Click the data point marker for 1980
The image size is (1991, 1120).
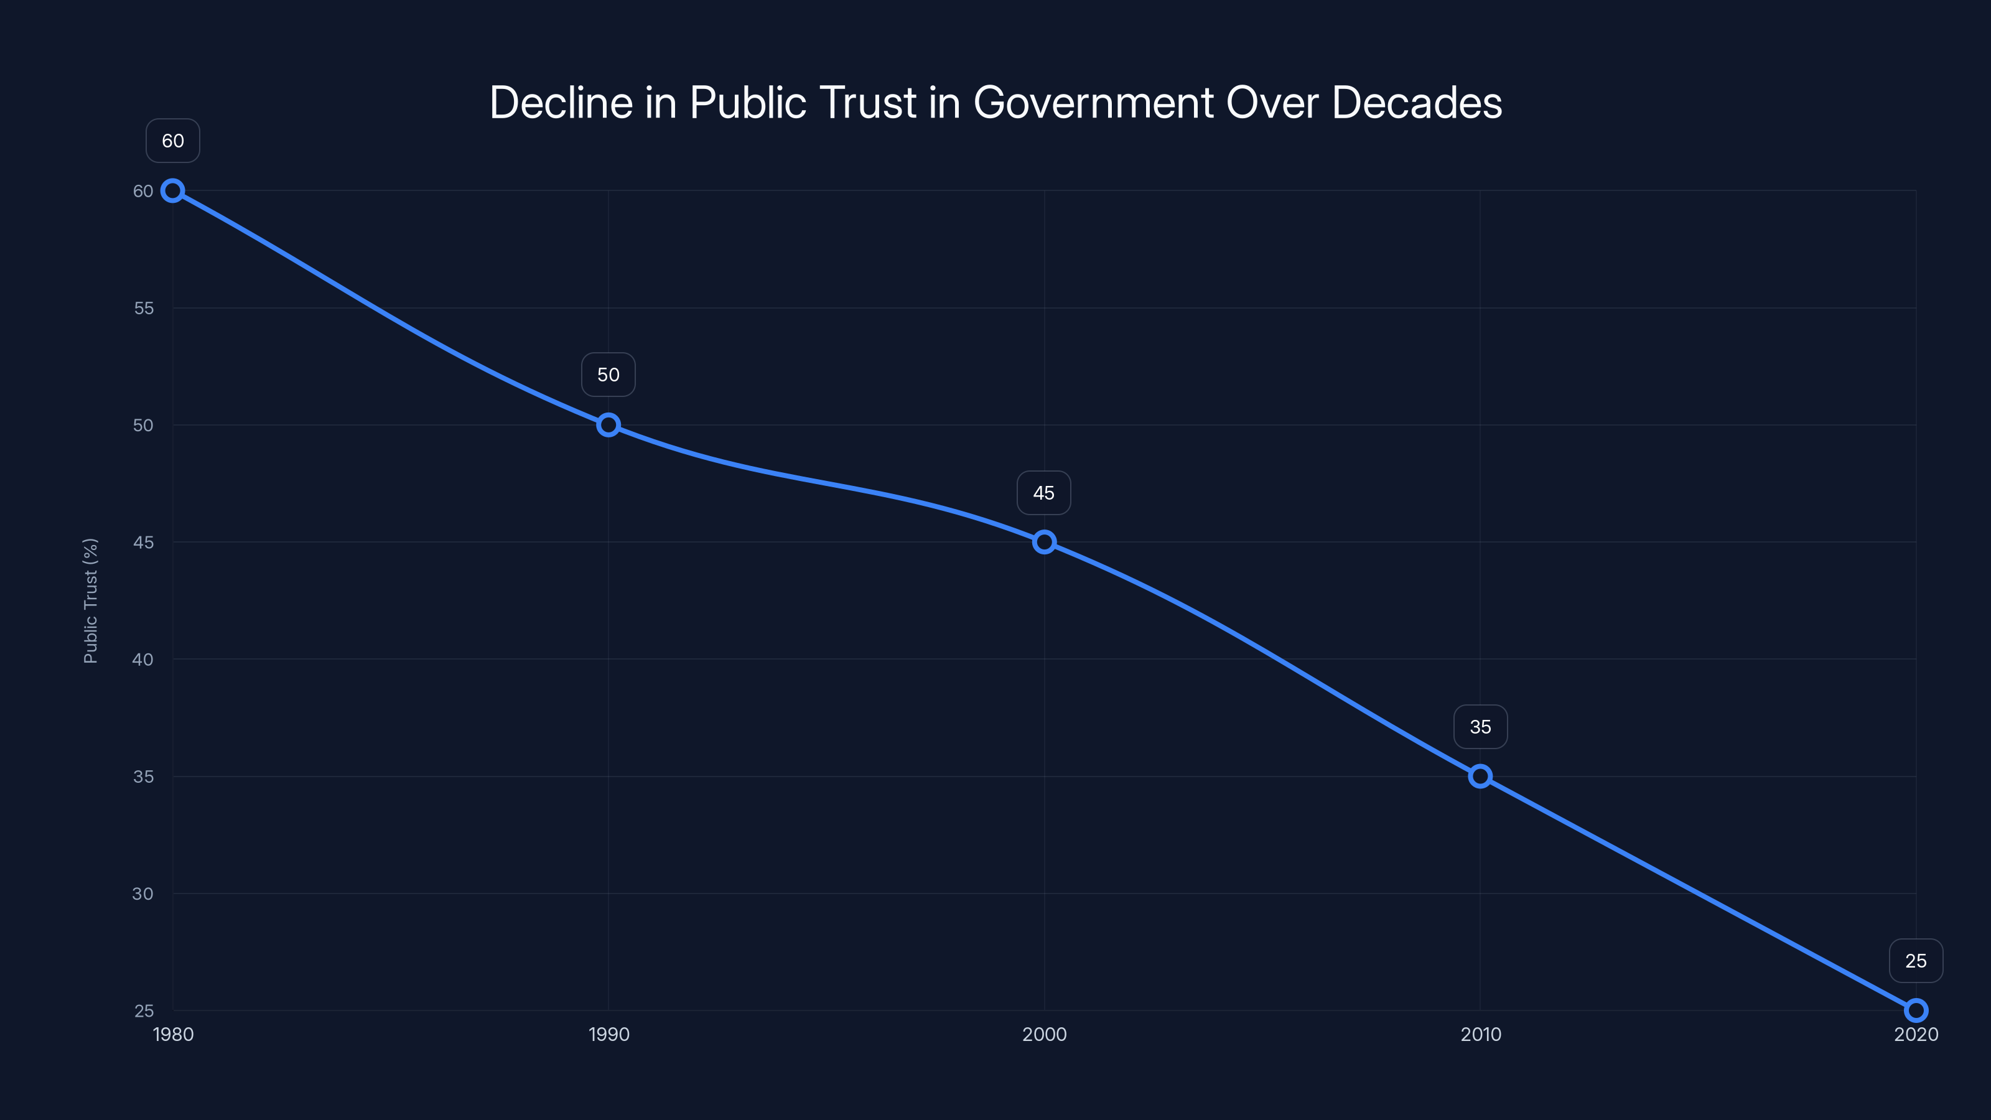(x=172, y=191)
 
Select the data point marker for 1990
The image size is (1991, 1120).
(x=608, y=425)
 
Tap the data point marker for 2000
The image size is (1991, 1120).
(x=1044, y=542)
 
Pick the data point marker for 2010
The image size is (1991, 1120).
(x=1480, y=776)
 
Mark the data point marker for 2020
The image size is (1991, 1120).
(x=1916, y=1010)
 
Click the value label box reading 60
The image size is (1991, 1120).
(x=172, y=141)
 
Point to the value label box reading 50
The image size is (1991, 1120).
(x=608, y=375)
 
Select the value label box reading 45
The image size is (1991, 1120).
(x=1044, y=493)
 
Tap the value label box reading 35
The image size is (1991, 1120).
(x=1480, y=727)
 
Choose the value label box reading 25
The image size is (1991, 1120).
(x=1916, y=961)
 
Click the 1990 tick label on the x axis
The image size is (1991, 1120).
(x=608, y=1034)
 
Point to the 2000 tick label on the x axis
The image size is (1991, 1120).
(x=1044, y=1034)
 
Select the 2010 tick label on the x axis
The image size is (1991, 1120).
(x=1480, y=1034)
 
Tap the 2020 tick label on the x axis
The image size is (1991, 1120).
(x=1916, y=1034)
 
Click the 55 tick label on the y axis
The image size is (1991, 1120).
(x=144, y=309)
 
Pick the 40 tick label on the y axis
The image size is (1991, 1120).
(x=143, y=660)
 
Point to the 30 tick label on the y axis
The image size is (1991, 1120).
(x=143, y=894)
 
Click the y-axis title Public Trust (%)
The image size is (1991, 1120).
(x=90, y=600)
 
